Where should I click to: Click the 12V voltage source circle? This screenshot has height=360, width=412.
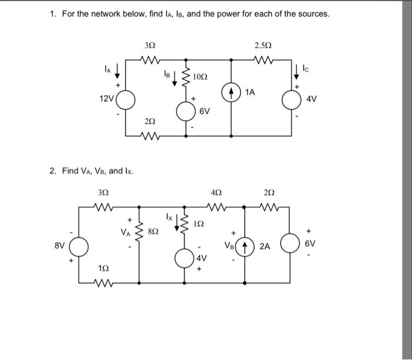pyautogui.click(x=129, y=99)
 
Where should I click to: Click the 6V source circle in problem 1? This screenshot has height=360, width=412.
pyautogui.click(x=187, y=111)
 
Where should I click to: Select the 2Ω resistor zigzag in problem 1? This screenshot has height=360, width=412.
pyautogui.click(x=151, y=139)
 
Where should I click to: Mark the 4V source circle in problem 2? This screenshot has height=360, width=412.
pyautogui.click(x=187, y=260)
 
